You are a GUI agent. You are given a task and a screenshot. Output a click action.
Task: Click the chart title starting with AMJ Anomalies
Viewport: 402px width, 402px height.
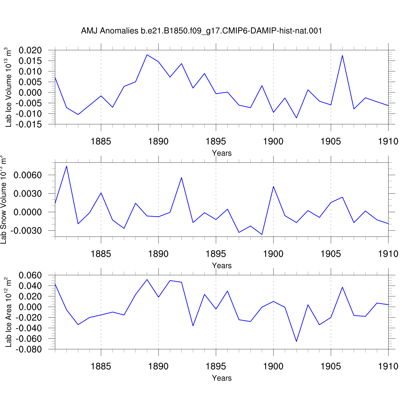click(201, 31)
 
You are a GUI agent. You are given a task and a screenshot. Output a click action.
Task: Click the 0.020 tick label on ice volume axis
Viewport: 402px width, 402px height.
click(30, 50)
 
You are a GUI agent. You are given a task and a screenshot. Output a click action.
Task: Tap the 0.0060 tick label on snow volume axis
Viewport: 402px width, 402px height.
click(28, 175)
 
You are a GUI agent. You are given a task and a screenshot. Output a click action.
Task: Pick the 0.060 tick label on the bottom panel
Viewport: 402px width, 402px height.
click(30, 275)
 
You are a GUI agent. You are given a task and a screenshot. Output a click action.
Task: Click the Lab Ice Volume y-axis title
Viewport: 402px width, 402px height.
click(8, 87)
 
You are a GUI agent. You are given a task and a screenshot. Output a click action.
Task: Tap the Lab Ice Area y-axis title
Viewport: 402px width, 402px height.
click(8, 312)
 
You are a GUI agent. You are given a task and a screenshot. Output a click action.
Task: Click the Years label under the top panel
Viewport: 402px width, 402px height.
click(222, 153)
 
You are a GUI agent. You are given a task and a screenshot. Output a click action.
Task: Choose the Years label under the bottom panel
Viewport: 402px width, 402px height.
click(222, 378)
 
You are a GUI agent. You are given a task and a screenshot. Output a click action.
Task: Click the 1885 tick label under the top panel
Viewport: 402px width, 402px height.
click(101, 142)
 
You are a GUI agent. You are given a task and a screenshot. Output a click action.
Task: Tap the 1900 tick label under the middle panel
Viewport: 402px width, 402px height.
click(273, 254)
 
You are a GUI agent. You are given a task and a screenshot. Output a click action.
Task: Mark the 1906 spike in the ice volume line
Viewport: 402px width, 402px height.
click(342, 55)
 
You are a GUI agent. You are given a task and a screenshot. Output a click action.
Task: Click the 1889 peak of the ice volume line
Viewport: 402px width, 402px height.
click(147, 55)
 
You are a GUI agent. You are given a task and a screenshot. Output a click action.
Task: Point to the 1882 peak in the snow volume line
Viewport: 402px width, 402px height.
click(66, 166)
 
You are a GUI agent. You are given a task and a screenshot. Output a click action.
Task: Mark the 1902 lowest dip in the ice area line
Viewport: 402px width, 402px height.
click(296, 341)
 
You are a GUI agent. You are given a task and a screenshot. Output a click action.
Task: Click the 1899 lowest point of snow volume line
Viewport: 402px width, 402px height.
click(262, 234)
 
